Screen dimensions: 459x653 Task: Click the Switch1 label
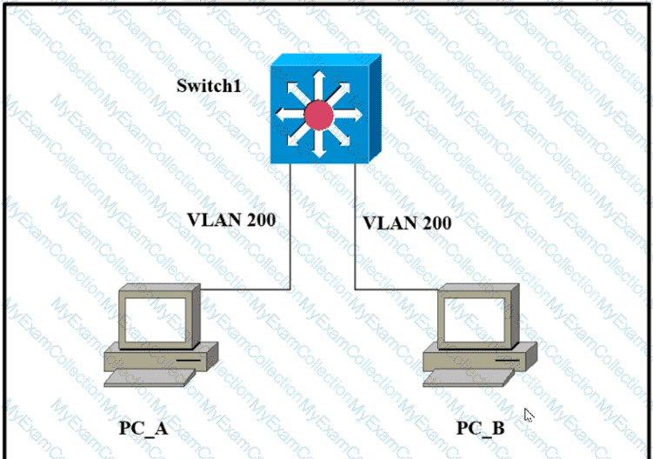210,86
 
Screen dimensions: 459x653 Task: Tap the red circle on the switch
318,113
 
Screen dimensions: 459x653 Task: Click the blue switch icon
323,109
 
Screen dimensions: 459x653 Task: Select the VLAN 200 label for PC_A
231,219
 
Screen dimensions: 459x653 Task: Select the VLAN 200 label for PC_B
407,223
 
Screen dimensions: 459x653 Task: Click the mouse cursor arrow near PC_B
528,414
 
